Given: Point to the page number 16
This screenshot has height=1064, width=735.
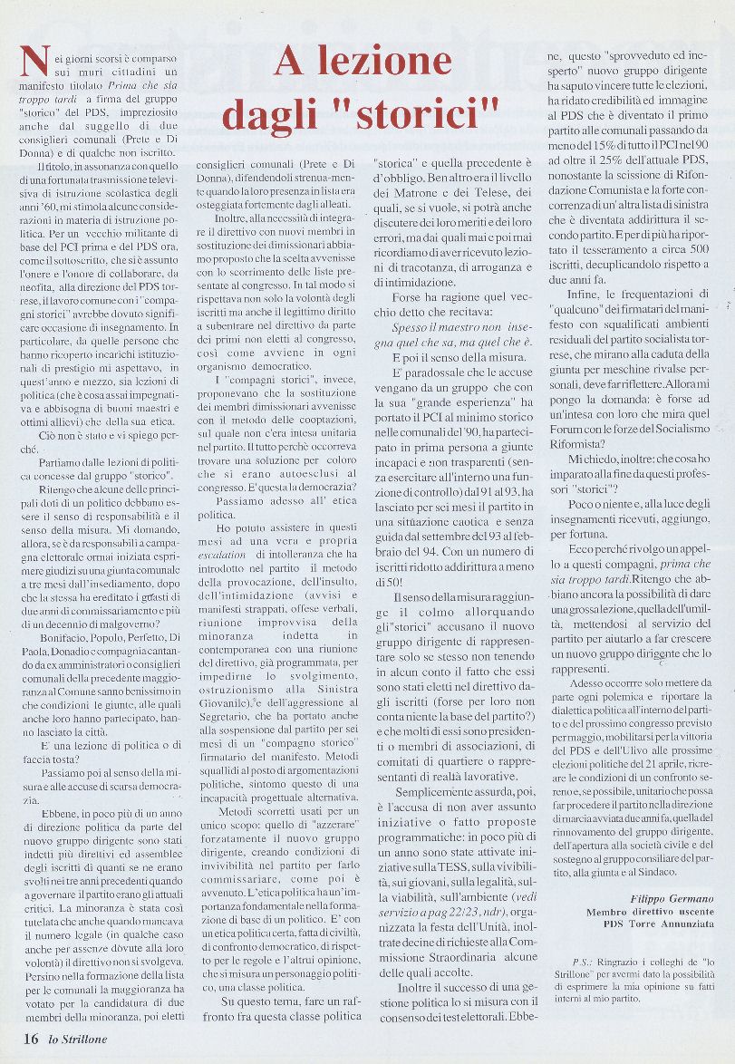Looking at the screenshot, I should point(30,1039).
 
